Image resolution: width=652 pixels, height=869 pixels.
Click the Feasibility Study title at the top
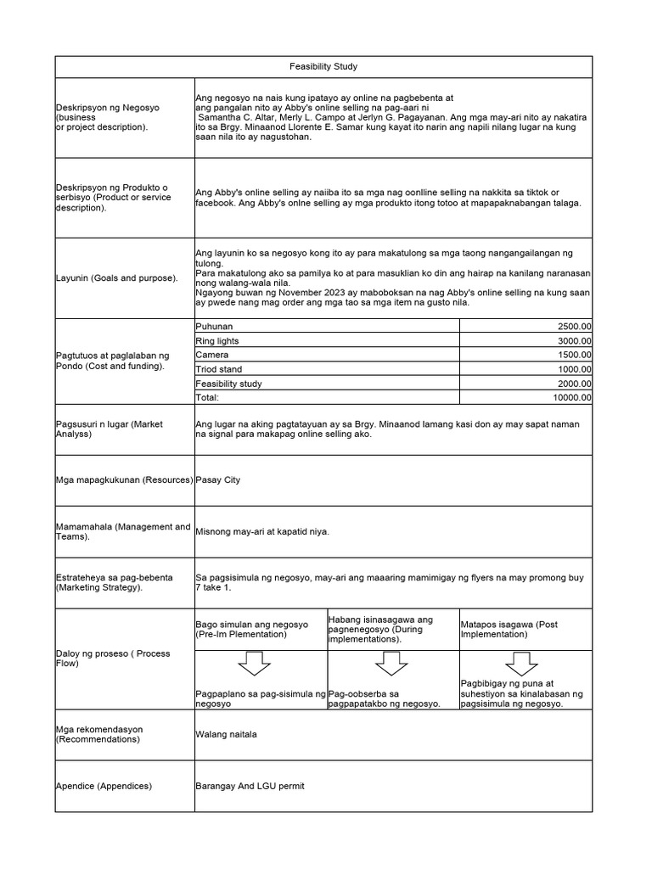(323, 66)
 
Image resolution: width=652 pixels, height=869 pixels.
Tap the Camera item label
(212, 355)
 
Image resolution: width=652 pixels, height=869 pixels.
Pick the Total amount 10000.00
(571, 397)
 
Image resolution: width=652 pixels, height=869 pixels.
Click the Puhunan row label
(214, 326)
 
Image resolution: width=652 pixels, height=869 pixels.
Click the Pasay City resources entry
(218, 480)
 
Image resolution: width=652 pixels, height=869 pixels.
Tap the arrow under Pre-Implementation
(255, 663)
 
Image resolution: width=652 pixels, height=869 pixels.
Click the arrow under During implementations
(391, 663)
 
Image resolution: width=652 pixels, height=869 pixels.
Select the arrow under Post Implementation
(521, 663)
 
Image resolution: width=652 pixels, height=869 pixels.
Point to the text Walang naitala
(226, 734)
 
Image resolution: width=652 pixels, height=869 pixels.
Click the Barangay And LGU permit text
(250, 786)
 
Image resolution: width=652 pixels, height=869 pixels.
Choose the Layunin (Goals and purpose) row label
(117, 278)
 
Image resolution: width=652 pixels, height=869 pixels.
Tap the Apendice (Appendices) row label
(104, 786)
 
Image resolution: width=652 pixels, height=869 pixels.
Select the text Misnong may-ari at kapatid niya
(262, 532)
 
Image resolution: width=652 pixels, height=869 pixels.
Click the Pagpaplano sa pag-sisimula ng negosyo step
(260, 698)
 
